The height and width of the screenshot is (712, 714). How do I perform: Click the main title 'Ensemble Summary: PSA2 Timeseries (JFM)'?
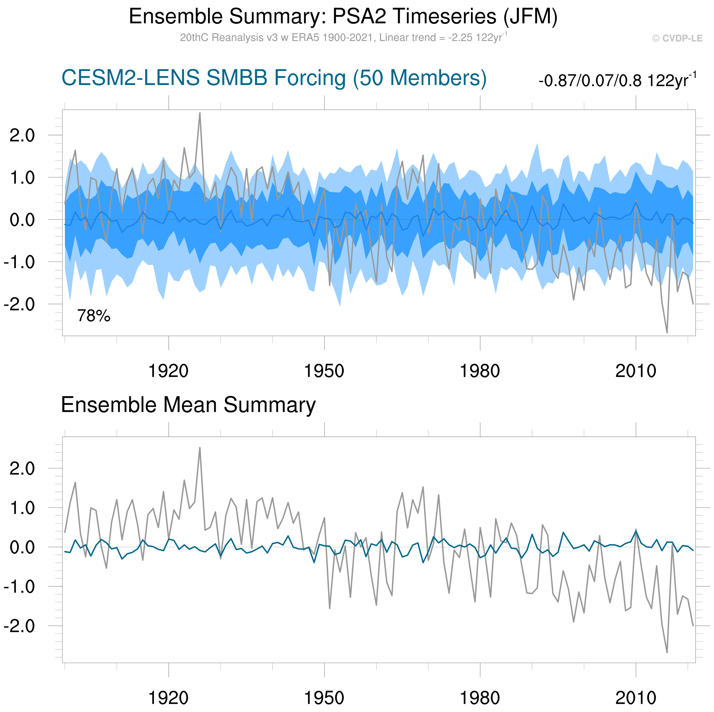tap(343, 17)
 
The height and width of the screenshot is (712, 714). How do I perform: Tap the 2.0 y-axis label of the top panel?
tap(22, 136)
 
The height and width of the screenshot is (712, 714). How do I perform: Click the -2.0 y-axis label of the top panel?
tap(19, 304)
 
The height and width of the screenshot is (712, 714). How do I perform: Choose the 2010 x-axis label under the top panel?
tap(636, 371)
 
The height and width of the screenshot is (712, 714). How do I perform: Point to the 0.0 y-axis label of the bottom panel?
tap(22, 547)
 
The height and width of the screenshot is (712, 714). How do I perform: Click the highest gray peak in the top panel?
tap(200, 113)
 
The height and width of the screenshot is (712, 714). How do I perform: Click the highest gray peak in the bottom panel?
tap(200, 448)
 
